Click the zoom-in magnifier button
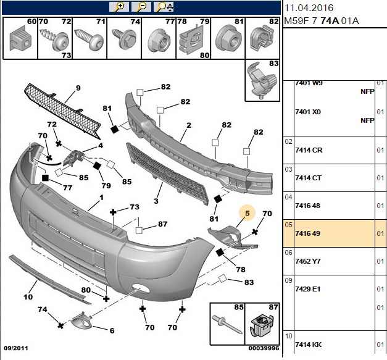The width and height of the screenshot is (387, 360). pyautogui.click(x=119, y=7)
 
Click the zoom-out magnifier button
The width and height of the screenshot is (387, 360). pyautogui.click(x=141, y=7)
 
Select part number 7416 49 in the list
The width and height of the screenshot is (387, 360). pyautogui.click(x=307, y=233)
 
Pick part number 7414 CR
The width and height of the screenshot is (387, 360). pyautogui.click(x=309, y=150)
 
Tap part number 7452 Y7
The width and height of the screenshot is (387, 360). pyautogui.click(x=308, y=261)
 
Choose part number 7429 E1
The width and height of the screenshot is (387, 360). pyautogui.click(x=308, y=289)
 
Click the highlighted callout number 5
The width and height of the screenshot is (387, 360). pyautogui.click(x=247, y=213)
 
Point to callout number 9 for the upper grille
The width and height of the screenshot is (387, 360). pyautogui.click(x=78, y=88)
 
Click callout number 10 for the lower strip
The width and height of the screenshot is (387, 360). pyautogui.click(x=28, y=297)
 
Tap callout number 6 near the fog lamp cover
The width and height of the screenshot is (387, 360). pyautogui.click(x=112, y=330)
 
